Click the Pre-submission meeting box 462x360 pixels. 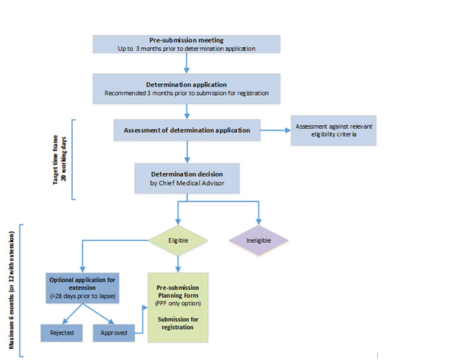pos(186,44)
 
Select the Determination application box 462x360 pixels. pos(186,89)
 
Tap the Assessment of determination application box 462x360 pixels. pos(187,130)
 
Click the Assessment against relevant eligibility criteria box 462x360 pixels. pos(333,131)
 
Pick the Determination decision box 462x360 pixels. pos(187,178)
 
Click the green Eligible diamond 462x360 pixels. pos(178,240)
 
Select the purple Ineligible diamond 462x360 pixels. pos(259,240)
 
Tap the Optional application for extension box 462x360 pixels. pos(82,288)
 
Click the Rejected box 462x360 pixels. pos(62,333)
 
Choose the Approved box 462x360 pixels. pos(114,333)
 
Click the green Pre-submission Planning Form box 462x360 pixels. pos(178,307)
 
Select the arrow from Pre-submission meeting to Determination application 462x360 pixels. pos(186,63)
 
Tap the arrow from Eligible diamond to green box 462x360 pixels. pos(178,264)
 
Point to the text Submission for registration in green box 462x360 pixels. pos(178,323)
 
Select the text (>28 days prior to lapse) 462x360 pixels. pos(82,296)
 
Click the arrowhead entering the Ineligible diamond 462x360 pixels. pos(259,222)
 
